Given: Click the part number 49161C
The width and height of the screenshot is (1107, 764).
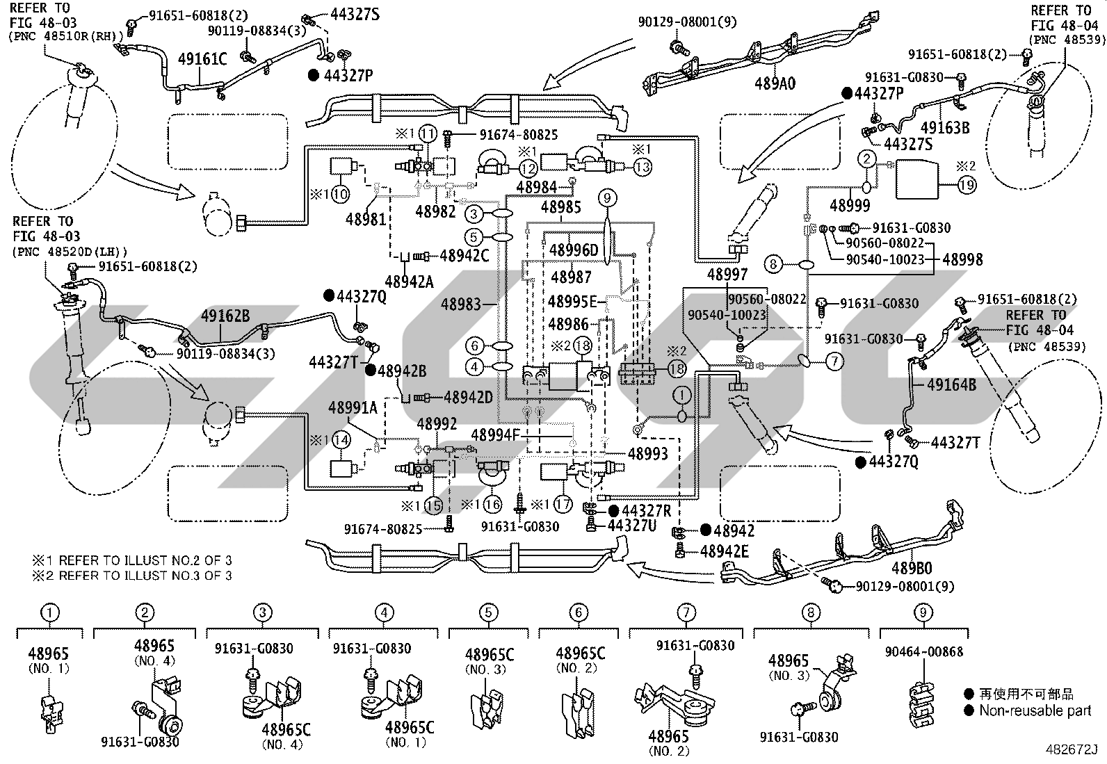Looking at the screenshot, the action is pos(202,59).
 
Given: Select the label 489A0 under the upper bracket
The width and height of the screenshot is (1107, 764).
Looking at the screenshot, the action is pos(775,83).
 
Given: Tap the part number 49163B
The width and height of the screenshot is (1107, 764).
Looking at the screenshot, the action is pos(945,127).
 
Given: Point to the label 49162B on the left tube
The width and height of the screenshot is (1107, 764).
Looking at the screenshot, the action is pos(225,316).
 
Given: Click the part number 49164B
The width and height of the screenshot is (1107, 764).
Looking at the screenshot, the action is pos(951,384).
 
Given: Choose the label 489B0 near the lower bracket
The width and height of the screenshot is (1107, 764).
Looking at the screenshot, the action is pos(912,568).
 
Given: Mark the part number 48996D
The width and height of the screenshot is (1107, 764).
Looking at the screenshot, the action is pos(574,250).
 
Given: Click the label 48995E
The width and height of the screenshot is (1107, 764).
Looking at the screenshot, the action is pos(572,301).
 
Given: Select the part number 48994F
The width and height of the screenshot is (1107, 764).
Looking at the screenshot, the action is pos(496,435).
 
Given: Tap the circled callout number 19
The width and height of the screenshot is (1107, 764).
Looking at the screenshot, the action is pos(967,185).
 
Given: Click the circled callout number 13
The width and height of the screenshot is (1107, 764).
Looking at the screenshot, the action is pos(642,167).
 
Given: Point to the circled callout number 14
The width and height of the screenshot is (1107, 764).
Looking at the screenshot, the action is pos(341,439).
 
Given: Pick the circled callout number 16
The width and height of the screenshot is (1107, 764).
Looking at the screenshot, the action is pos(492,505).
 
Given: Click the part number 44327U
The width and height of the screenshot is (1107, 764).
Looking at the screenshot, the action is pos(632,526).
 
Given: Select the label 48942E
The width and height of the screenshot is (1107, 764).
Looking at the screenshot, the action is pos(724,551).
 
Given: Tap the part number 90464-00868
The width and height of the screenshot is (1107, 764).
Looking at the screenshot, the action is pos(924,652).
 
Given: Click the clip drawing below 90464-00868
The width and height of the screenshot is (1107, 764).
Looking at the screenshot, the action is pos(921,704).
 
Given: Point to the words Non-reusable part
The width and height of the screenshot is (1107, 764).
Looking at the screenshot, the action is pos(1035,710).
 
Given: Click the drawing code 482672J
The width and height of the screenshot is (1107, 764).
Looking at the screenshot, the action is pos(1071,749).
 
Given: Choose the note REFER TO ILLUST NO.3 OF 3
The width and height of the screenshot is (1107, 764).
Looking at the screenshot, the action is pos(132,575).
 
